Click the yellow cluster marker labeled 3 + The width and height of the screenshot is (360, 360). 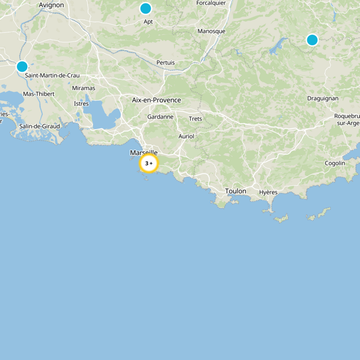148,163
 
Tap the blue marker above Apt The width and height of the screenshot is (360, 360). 145,9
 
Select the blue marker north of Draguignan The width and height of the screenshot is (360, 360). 312,40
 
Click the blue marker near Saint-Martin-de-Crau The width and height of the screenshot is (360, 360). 22,67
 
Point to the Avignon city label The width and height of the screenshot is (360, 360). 52,5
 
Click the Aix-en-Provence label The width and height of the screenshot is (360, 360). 156,100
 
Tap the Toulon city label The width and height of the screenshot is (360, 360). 236,191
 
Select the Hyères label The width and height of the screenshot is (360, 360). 268,192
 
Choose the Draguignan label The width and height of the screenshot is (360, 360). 323,98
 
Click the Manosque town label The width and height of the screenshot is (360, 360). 211,31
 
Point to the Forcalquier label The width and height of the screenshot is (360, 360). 211,3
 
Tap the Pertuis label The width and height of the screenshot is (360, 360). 166,63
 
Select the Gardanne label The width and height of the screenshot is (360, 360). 160,117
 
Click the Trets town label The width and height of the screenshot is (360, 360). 195,119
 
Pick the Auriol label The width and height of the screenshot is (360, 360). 186,136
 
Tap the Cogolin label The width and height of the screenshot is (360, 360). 335,163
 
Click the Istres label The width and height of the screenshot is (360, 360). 81,104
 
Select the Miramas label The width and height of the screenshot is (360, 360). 84,88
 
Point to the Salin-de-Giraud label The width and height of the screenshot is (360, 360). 40,126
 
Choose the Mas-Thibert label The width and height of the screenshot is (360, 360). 39,94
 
